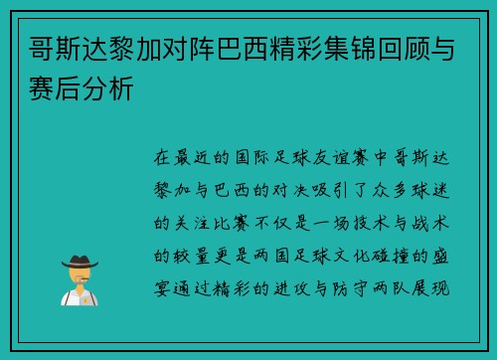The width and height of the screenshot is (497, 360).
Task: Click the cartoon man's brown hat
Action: coord(79,260)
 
